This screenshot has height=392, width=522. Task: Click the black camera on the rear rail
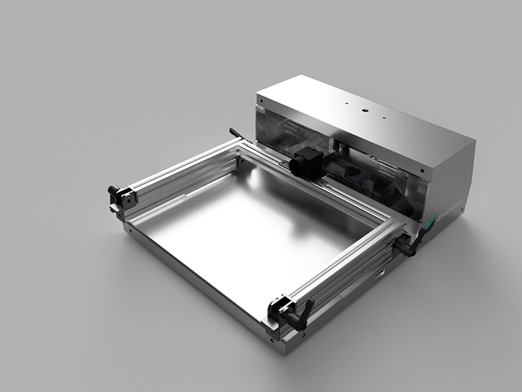pos(306,162)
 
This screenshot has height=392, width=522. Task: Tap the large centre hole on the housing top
pos(363,109)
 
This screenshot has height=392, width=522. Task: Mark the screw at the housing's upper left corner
pos(260,100)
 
